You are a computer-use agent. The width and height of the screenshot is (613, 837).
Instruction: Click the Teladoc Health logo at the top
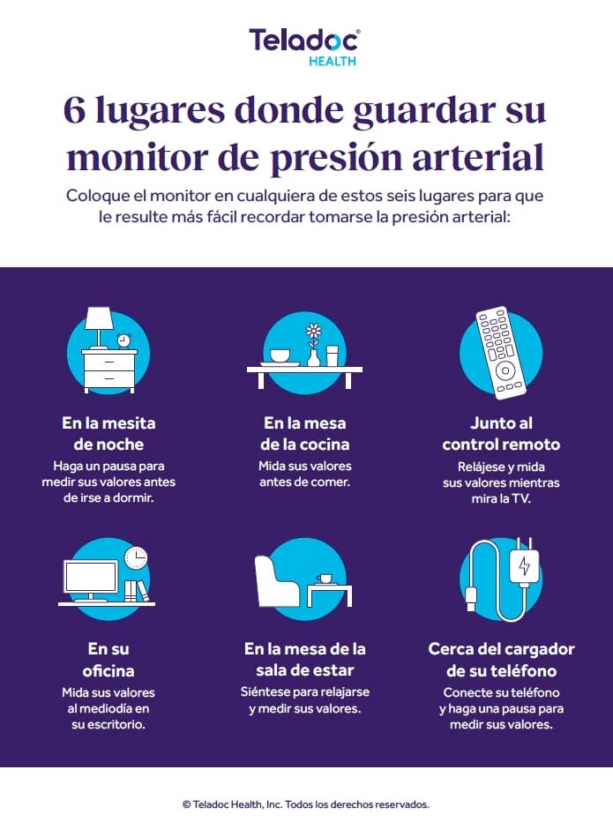[305, 47]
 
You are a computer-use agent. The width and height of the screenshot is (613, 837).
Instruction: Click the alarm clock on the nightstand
[123, 340]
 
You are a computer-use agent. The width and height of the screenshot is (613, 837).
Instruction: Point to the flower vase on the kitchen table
[314, 346]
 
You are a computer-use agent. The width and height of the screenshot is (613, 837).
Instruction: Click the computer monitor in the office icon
[91, 579]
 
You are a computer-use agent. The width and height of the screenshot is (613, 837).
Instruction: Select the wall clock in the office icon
[135, 557]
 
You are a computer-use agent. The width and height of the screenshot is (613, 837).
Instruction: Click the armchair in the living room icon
[278, 579]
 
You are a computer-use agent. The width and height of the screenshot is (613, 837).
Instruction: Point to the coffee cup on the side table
[325, 579]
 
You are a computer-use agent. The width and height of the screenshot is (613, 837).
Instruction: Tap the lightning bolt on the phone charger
[524, 566]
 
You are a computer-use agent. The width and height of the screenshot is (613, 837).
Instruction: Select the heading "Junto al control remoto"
[501, 433]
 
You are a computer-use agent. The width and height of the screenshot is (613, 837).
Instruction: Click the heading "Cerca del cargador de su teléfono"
[501, 660]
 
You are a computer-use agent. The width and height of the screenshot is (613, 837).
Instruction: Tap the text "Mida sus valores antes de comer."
[304, 474]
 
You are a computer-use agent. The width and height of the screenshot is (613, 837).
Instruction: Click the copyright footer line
[305, 804]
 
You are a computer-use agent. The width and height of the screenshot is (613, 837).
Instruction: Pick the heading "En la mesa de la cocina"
[305, 433]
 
